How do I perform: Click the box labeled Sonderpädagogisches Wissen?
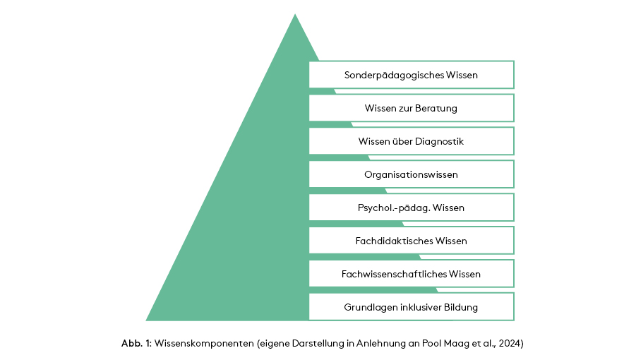coord(411,75)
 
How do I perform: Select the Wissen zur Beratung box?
coord(411,108)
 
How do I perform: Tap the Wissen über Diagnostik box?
coord(411,141)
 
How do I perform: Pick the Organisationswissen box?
coord(411,174)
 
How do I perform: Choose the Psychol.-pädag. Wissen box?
coord(411,208)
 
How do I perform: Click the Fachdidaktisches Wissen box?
coord(411,241)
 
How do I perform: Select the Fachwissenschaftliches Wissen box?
coord(411,274)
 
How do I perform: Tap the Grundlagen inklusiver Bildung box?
coord(411,307)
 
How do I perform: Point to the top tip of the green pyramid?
coord(294,15)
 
